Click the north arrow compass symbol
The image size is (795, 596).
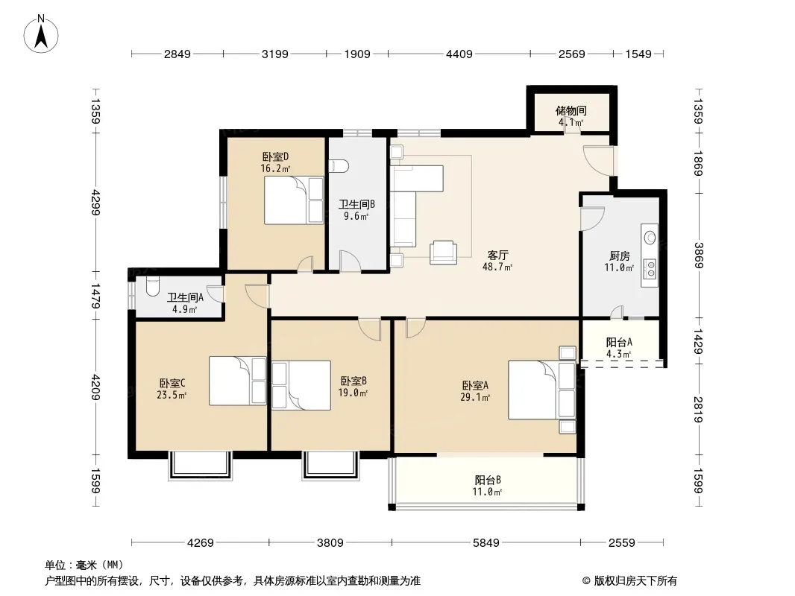pos(41,34)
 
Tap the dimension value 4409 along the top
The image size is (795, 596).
pos(459,54)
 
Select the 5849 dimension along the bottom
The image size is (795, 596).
pos(486,543)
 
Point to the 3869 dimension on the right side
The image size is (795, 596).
pos(699,256)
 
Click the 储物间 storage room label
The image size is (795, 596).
pos(571,110)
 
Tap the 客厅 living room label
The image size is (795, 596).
pos(497,256)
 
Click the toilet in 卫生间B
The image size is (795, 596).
pos(339,166)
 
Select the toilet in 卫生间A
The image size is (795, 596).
pos(151,287)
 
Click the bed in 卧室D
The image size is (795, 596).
pos(294,200)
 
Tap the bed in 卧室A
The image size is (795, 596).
pos(542,390)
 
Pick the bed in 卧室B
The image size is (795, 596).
pos(301,385)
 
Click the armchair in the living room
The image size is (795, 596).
pos(443,252)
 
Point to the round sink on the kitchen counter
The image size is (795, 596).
pos(650,237)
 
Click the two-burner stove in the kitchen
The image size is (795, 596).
pos(650,269)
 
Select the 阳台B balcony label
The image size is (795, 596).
pos(488,480)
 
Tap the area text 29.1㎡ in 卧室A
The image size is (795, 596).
pos(475,398)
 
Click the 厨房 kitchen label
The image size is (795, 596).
pos(619,256)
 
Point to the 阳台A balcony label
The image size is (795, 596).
pos(619,342)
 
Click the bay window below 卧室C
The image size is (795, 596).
pos(201,465)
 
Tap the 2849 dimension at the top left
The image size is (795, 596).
pos(177,54)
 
